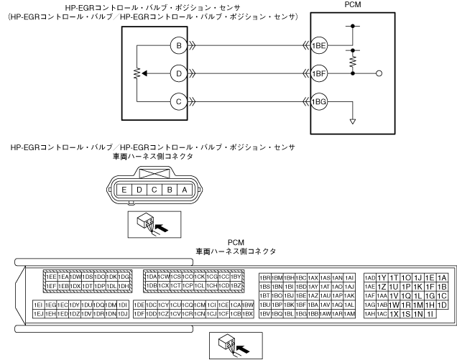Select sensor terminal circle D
tap(177, 73)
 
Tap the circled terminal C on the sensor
tap(177, 101)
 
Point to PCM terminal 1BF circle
tap(319, 73)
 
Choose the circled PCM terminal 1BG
tap(319, 101)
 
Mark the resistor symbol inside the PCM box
tap(352, 62)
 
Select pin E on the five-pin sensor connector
tap(125, 190)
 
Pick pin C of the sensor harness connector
tap(155, 190)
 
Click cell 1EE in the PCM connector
tap(50, 277)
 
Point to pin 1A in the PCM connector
tap(442, 277)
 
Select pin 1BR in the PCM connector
tap(265, 277)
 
